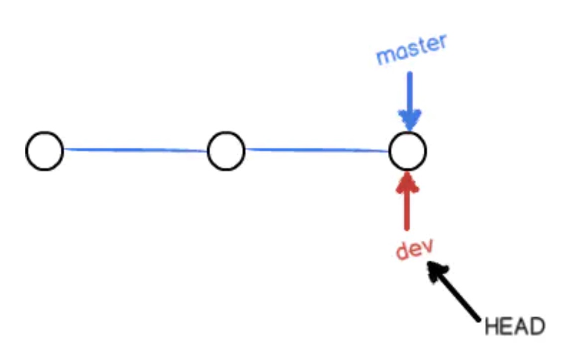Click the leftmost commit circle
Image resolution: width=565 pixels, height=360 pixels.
[x=45, y=151]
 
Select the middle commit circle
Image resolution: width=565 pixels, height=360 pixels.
[x=226, y=151]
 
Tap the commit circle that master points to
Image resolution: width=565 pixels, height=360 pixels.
[x=408, y=151]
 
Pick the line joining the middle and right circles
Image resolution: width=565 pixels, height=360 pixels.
[x=317, y=150]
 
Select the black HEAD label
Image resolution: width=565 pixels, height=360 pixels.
[x=515, y=327]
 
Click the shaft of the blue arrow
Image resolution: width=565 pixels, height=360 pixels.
[x=409, y=92]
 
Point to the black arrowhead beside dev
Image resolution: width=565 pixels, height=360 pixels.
[x=436, y=271]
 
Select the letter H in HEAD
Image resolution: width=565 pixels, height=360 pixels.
[x=492, y=327]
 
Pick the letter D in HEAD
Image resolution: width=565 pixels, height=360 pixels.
[x=537, y=327]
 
